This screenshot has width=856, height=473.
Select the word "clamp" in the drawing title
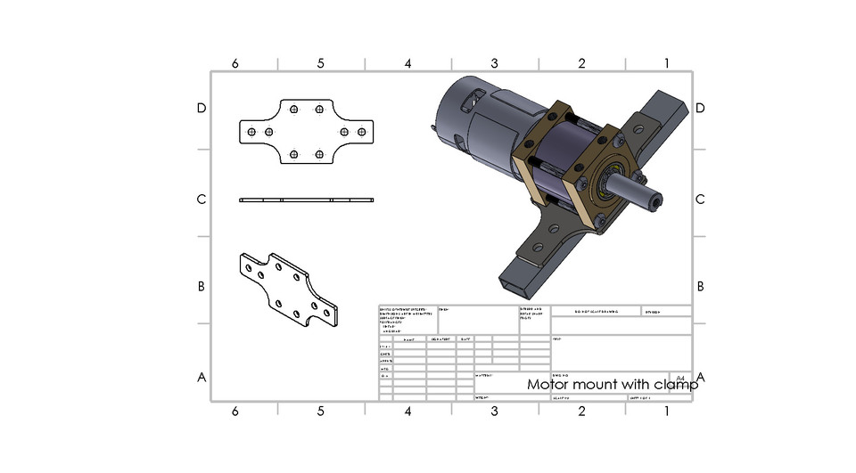pos(676,385)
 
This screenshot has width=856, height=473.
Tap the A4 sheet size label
pos(680,378)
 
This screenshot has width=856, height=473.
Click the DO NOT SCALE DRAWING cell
pos(596,312)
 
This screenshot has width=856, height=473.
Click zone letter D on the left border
pos(202,108)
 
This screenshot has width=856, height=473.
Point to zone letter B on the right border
pos(700,286)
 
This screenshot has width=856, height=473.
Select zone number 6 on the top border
pos(235,63)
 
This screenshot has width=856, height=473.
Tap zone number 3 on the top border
pos(494,63)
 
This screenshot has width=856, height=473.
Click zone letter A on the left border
pos(202,377)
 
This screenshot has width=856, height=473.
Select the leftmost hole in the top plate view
pos(252,132)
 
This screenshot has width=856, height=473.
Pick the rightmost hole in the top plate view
pos(361,132)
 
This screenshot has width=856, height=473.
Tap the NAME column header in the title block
pos(409,339)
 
